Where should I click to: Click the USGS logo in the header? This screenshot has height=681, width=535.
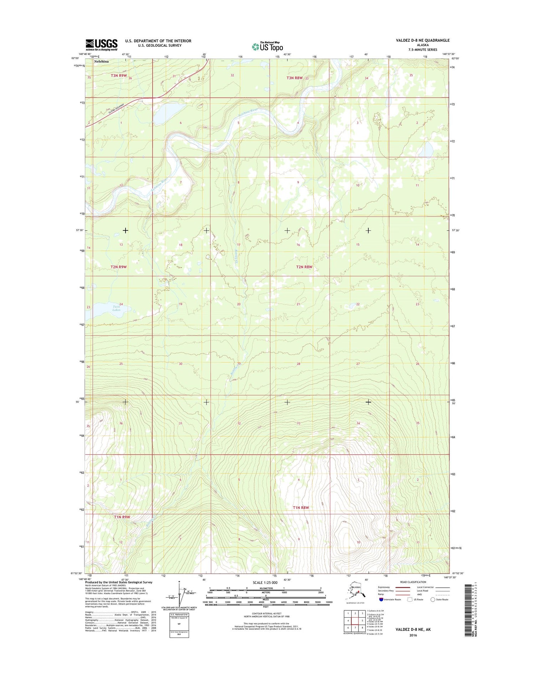point(101,45)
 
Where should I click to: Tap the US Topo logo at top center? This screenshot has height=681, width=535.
point(267,46)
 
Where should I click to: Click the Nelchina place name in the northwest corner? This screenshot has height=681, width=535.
point(101,61)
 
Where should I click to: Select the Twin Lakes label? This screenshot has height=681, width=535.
point(117,308)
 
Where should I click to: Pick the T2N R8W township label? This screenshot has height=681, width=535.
point(304,267)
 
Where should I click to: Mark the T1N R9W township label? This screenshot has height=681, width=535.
point(122,516)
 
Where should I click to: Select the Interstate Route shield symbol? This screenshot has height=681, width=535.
point(382,599)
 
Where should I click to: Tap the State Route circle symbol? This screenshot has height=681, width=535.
point(433,599)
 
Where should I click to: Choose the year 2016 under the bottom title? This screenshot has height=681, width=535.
point(413,635)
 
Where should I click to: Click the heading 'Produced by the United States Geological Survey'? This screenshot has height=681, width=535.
point(119,582)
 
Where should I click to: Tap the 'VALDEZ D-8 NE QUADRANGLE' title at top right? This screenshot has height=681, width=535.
point(423,41)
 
